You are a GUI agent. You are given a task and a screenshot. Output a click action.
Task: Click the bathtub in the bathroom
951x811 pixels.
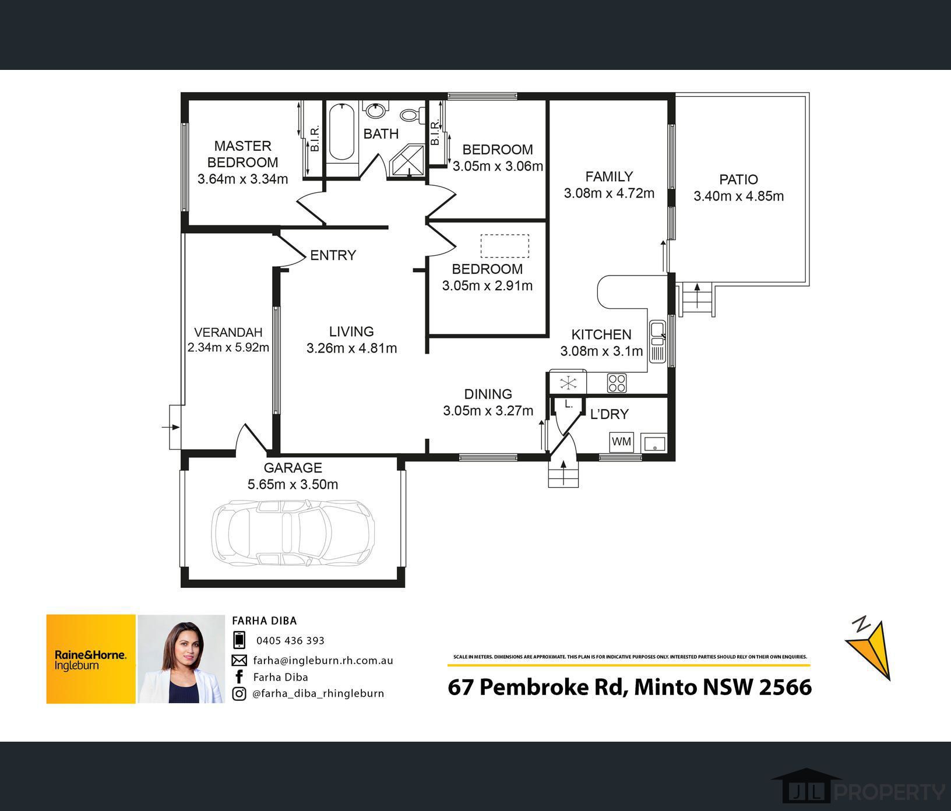coord(341,133)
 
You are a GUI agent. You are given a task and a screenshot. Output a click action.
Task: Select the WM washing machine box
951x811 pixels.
coord(622,442)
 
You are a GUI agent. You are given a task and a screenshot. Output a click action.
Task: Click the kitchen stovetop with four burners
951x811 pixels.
coord(617,383)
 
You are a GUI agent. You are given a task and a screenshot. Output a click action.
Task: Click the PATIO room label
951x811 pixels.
coord(738,179)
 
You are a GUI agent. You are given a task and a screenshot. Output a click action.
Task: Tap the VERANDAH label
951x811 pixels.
coord(228,332)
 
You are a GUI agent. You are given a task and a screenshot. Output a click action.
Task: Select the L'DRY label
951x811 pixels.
coord(610,414)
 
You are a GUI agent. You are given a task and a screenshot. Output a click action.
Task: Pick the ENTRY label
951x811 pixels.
coord(333,255)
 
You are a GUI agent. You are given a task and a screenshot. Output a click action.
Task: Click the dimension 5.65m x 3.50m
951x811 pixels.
coord(293,484)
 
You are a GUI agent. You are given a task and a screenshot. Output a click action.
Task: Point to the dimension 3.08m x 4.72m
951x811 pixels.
coord(609,193)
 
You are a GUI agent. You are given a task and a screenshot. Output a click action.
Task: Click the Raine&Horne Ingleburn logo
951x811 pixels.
coord(91,659)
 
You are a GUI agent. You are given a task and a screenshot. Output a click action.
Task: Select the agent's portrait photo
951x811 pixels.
coord(181,659)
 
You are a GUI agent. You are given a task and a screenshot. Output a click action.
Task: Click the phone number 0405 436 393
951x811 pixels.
coord(290,640)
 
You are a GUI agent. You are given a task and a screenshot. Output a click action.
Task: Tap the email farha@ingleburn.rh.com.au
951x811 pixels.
coord(323,660)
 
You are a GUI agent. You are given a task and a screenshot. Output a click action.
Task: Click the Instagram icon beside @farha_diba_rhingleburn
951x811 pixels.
coord(239,693)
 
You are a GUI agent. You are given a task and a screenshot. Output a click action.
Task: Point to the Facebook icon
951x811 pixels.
coord(238,676)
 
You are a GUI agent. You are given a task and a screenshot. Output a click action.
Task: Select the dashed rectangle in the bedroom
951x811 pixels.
coord(505,246)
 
